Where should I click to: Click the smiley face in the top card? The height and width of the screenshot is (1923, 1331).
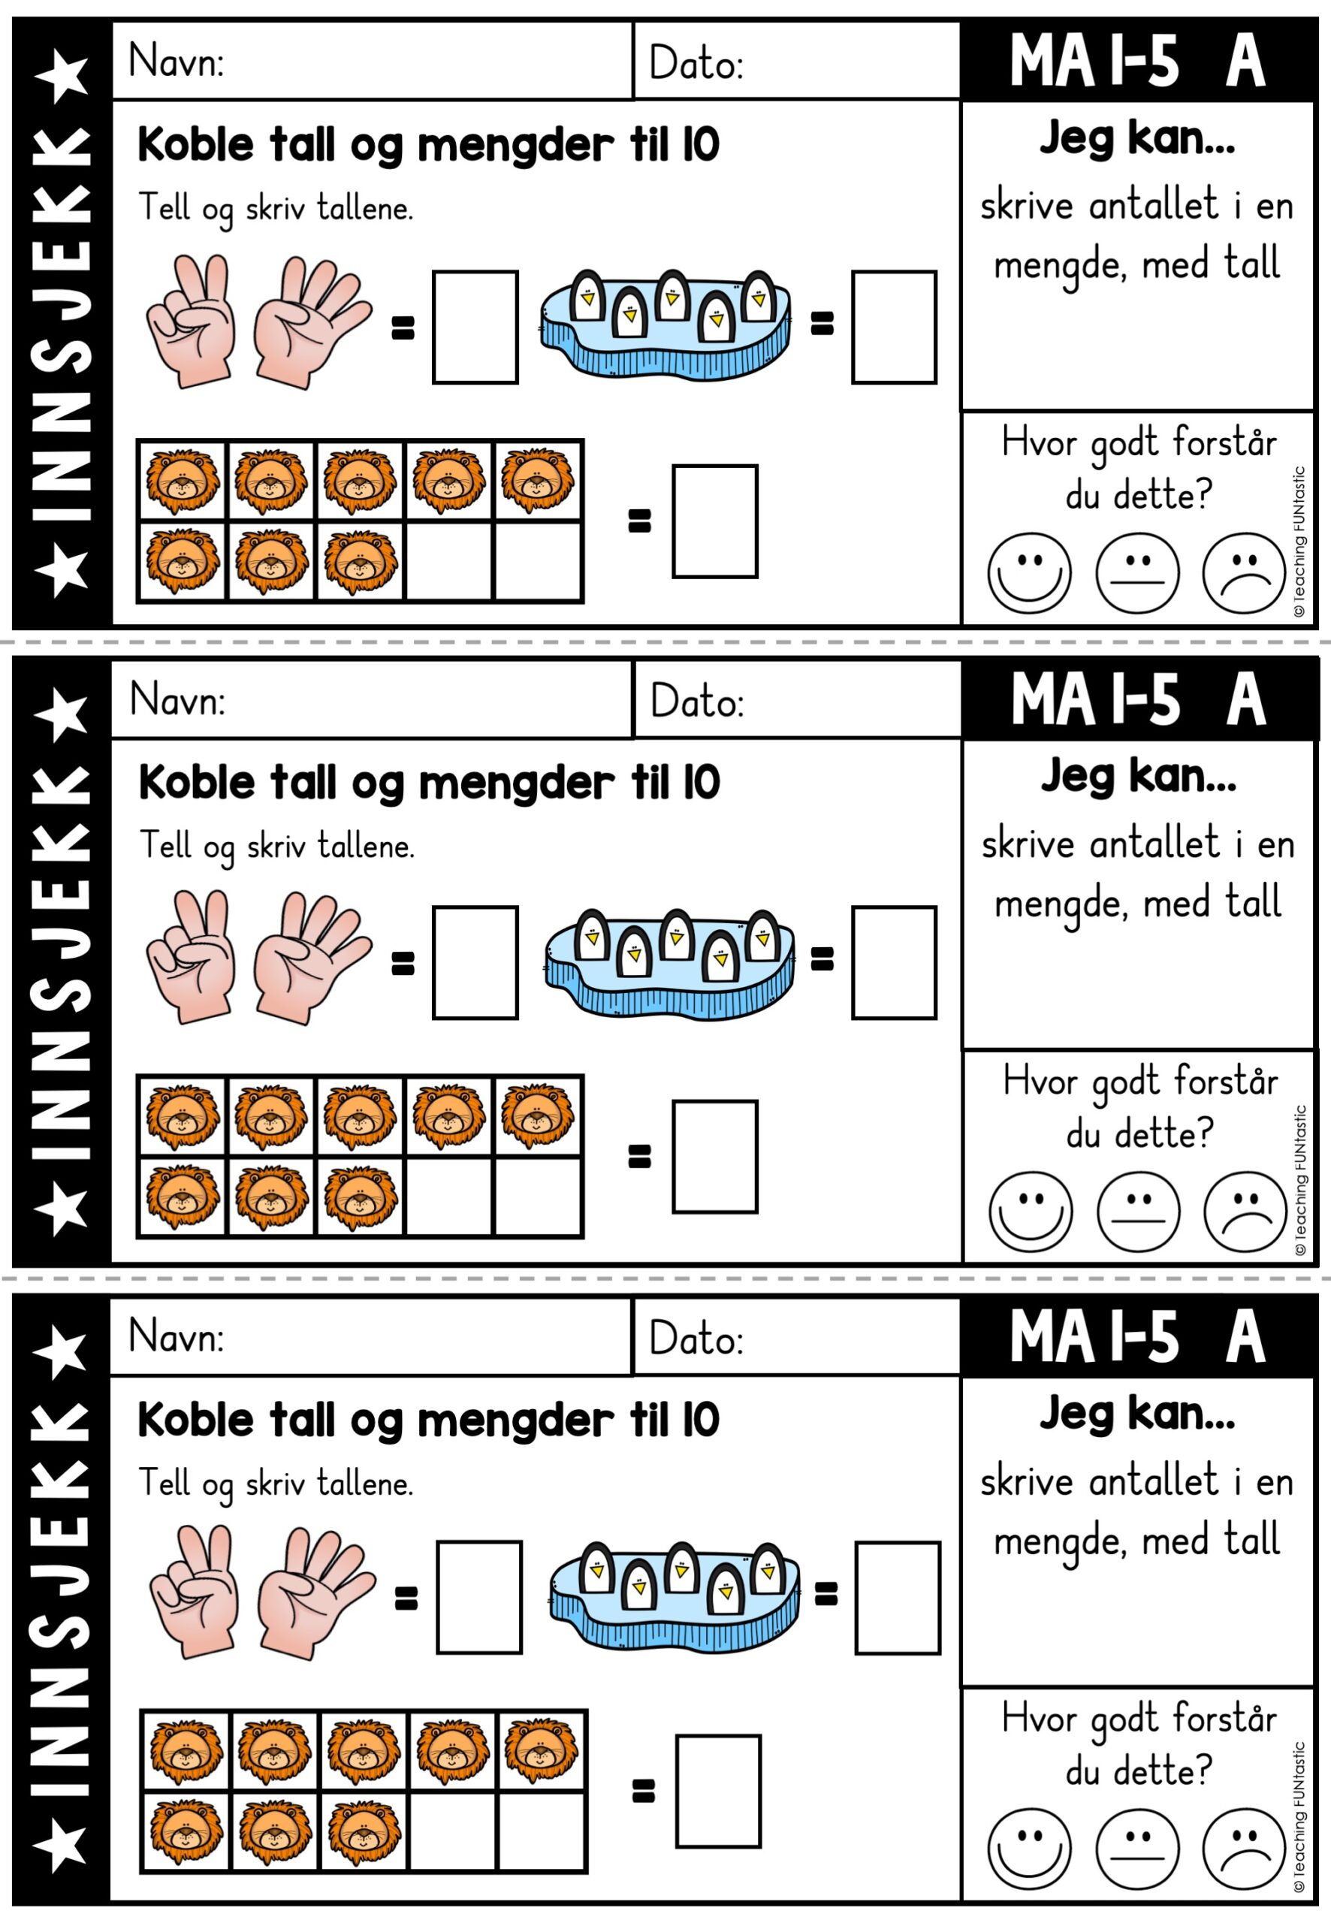click(x=1029, y=573)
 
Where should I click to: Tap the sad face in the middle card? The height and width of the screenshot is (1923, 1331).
click(x=1245, y=1212)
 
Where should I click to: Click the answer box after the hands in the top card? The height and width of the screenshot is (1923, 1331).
click(x=475, y=327)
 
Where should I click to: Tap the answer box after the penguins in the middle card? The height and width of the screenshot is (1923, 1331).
click(x=894, y=962)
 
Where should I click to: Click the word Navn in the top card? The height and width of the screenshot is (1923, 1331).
click(x=176, y=61)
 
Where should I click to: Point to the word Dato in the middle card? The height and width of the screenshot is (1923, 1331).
click(x=696, y=701)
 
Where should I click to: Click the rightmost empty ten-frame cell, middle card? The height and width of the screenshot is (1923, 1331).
click(x=537, y=1196)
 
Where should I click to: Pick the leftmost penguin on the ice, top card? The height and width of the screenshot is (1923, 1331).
click(x=588, y=297)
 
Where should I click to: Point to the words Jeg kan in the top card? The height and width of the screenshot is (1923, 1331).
click(x=1136, y=138)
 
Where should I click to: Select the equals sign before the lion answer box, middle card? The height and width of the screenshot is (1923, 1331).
click(x=638, y=1156)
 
